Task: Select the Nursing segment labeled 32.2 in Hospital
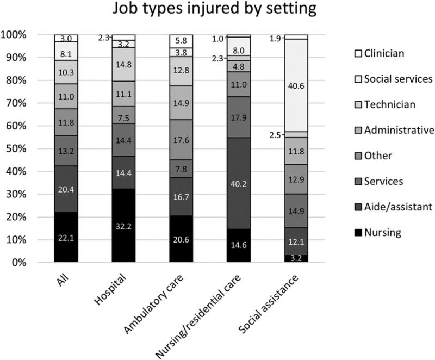tap(123, 226)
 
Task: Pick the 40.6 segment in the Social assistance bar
tap(297, 85)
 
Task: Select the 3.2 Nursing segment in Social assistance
tap(297, 258)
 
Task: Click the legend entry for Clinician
tap(381, 53)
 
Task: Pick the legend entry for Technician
tap(383, 104)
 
